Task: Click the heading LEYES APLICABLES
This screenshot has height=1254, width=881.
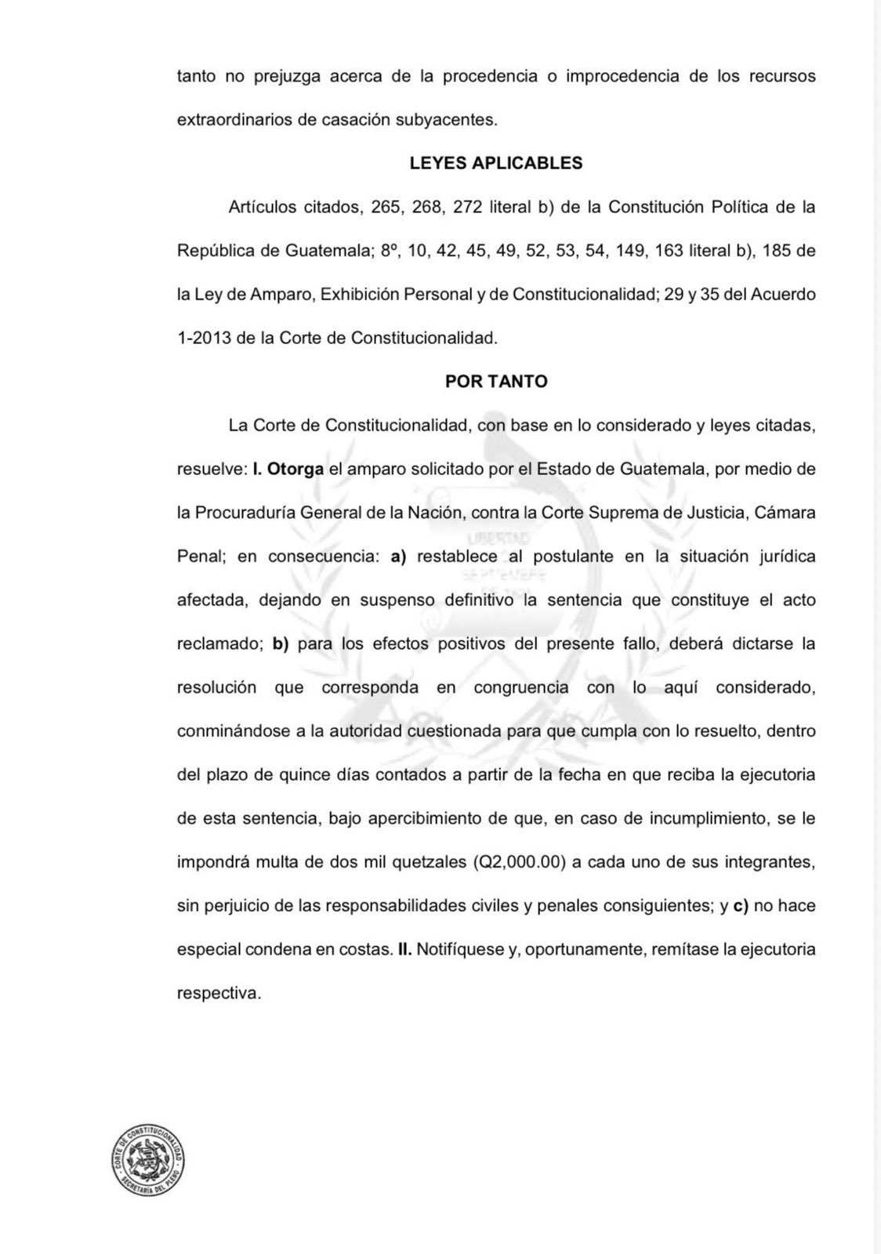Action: point(495,163)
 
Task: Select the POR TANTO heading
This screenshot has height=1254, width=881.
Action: point(496,381)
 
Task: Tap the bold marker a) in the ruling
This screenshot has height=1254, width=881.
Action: point(398,556)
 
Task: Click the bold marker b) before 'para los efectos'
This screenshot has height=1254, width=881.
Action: point(281,643)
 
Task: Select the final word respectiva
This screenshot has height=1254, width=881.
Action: point(219,993)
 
